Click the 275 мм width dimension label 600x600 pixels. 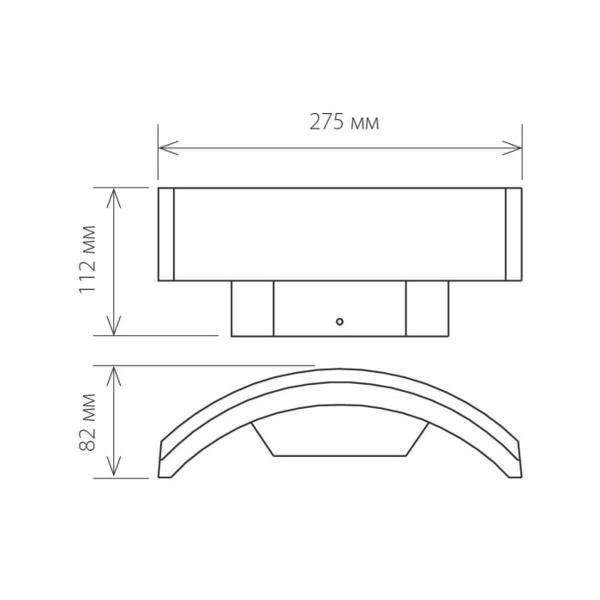pyautogui.click(x=344, y=123)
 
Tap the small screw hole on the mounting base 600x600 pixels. pyautogui.click(x=339, y=322)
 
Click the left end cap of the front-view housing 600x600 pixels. pyautogui.click(x=166, y=234)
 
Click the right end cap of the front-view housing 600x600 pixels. pyautogui.click(x=513, y=234)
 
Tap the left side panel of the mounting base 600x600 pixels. pyautogui.click(x=253, y=309)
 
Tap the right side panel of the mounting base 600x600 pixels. pyautogui.click(x=426, y=309)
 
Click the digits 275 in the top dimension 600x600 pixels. pyautogui.click(x=327, y=123)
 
